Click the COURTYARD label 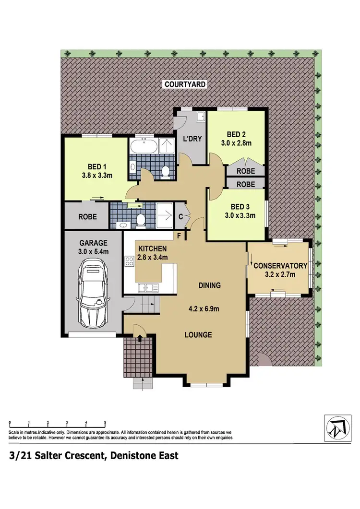click(185, 84)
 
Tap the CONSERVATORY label click(280, 266)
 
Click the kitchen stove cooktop click(129, 261)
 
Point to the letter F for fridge click(179, 236)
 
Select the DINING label click(209, 285)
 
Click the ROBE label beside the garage click(87, 217)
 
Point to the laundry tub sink click(201, 115)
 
